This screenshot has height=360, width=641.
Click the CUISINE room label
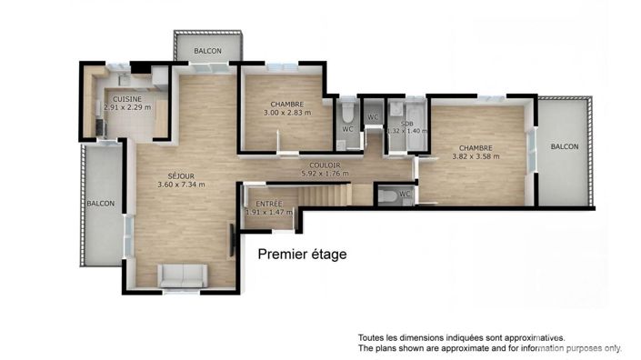127,99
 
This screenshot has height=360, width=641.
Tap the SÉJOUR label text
181,176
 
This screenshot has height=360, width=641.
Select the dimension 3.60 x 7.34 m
181,185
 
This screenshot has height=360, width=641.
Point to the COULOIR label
325,165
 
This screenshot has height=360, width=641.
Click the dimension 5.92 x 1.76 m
325,174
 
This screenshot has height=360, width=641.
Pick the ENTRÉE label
269,204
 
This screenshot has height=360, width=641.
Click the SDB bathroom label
406,124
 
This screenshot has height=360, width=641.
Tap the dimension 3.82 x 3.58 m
476,156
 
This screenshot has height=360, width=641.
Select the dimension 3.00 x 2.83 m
287,113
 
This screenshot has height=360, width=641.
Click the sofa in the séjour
183,275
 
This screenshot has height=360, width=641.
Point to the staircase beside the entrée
325,195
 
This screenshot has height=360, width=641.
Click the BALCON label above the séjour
207,51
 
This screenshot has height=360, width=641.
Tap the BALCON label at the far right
565,146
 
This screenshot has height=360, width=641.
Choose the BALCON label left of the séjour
101,203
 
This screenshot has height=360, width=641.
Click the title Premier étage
302,255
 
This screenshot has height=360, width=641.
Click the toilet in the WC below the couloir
387,195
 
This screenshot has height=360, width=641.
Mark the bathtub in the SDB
416,125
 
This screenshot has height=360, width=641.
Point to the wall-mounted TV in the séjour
232,242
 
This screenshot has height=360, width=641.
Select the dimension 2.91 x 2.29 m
127,107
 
